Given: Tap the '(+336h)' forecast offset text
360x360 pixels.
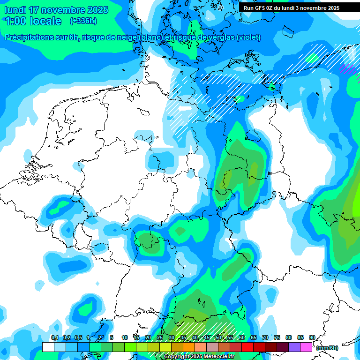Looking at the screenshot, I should coord(83,21).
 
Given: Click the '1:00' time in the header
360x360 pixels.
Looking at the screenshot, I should coord(15,21).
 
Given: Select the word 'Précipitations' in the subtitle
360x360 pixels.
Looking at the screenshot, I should coord(29,37).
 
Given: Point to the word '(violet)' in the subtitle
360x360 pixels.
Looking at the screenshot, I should coord(248,37).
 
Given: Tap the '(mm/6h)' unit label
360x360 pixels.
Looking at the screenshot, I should coord(327,348).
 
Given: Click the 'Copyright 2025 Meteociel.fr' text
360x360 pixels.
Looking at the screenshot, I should coord(199,357).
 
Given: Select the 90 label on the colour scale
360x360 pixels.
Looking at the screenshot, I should coord(312,337).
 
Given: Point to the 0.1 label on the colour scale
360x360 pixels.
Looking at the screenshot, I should coord(54,337).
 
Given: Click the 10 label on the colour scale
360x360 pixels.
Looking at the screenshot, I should coord(125,337).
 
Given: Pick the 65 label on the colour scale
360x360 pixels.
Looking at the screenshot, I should coord(254,337).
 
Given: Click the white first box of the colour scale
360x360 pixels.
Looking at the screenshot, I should coord(48,347).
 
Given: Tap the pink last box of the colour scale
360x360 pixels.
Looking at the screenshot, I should coord(306,347).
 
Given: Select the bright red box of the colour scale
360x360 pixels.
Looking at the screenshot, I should coord(247,347).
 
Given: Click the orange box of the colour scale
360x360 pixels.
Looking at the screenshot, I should coord(189,347).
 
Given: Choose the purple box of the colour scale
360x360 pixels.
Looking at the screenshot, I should coord(294,347).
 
